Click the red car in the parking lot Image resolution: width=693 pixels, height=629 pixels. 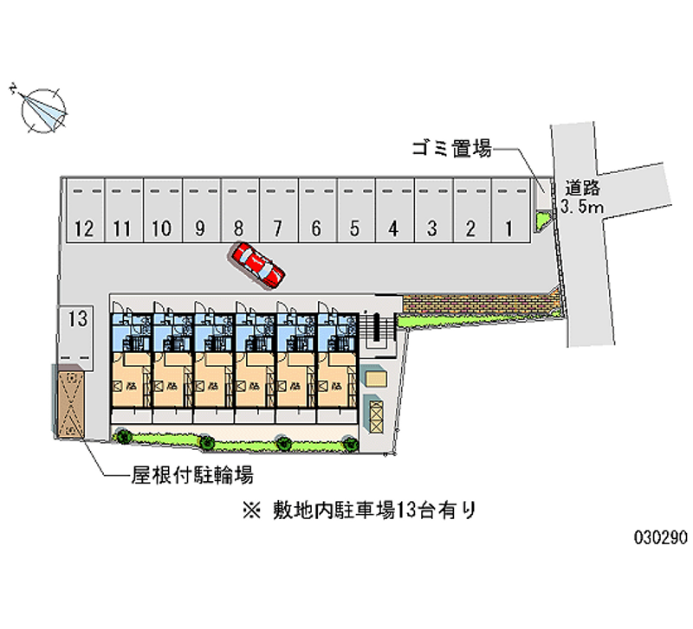click(258, 264)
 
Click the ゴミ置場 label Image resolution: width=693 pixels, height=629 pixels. click(451, 149)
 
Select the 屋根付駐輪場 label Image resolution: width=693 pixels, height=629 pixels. click(192, 474)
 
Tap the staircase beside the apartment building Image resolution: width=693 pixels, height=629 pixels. click(377, 327)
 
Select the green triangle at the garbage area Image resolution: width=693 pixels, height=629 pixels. click(542, 220)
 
